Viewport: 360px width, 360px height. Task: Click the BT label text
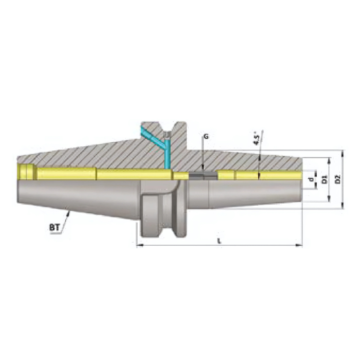click(54, 228)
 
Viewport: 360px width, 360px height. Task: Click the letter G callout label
click(205, 135)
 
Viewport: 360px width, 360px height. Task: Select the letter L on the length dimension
click(219, 241)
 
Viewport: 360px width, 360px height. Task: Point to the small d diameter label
click(310, 180)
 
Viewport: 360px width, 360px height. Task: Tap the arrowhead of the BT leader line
click(68, 212)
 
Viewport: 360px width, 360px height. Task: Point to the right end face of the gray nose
click(300, 185)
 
